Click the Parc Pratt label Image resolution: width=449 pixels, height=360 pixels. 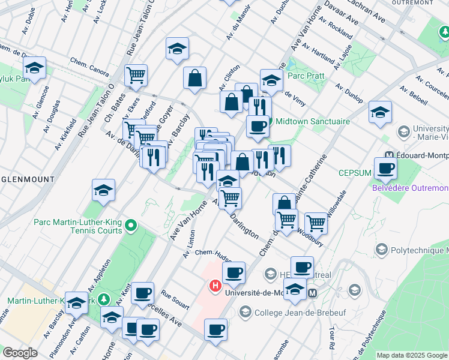[x=307, y=76]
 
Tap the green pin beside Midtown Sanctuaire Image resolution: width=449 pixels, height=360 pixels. [x=270, y=122]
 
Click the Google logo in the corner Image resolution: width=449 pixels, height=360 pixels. [x=20, y=352]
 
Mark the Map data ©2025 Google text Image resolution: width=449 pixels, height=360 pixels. [x=412, y=355]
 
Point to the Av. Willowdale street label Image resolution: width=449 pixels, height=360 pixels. [x=335, y=207]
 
